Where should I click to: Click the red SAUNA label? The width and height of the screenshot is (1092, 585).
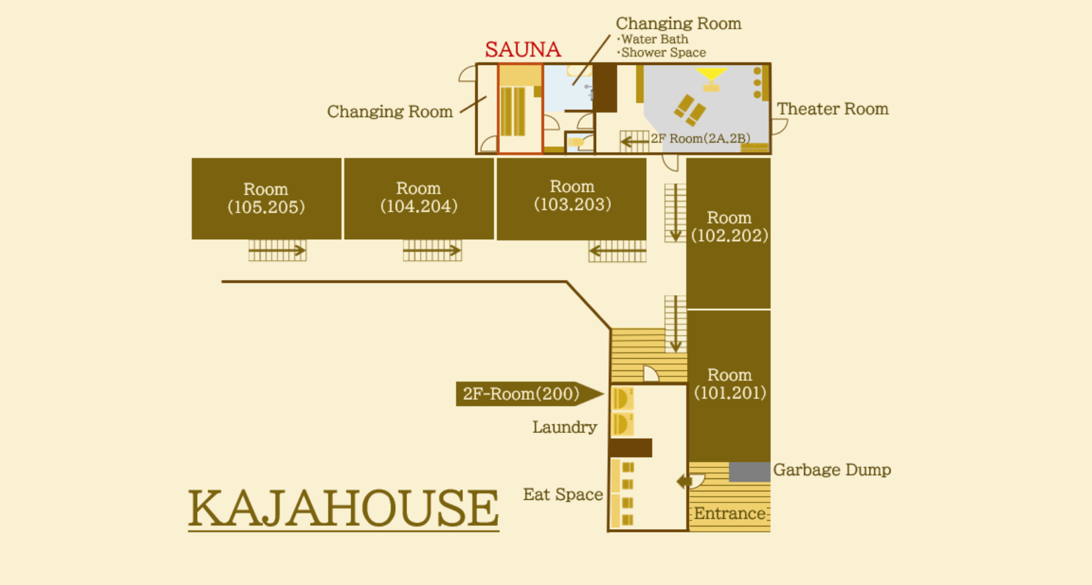[x=523, y=49]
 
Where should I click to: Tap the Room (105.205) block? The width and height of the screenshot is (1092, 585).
[x=266, y=198]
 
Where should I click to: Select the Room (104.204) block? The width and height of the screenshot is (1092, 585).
[x=419, y=198]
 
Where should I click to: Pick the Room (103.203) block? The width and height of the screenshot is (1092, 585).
[x=571, y=199]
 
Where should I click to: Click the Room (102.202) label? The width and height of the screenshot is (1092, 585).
[x=729, y=227]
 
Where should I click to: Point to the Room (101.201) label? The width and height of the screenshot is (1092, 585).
[x=730, y=383]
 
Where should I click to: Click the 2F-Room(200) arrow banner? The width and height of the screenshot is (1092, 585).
[x=530, y=394]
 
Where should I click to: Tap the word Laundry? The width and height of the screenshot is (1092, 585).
[x=564, y=427]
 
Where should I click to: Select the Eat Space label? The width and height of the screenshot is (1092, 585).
[x=563, y=494]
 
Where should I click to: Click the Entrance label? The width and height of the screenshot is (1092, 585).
[x=729, y=513]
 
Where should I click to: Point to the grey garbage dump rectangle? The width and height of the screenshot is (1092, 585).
[x=749, y=472]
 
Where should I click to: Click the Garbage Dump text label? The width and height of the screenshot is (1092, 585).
[x=832, y=469]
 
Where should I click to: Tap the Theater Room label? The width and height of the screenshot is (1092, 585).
[x=833, y=109]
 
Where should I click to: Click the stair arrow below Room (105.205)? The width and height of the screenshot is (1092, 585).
[x=277, y=251]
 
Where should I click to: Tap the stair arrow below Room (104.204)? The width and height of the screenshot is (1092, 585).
[x=432, y=251]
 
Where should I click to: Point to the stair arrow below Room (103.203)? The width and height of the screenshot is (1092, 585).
[x=617, y=252]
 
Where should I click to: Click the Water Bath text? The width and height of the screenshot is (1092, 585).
[x=654, y=39]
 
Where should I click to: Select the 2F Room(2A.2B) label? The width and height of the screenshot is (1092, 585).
[x=701, y=138]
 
